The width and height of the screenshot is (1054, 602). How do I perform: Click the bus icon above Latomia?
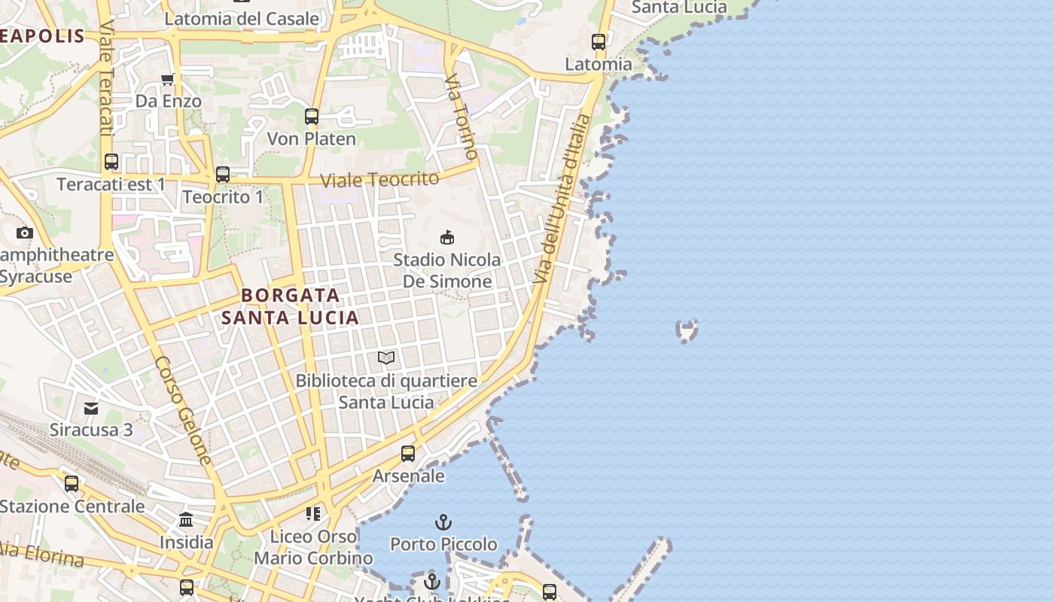pyautogui.click(x=599, y=42)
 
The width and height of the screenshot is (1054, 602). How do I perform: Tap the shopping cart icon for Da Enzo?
pyautogui.click(x=168, y=79)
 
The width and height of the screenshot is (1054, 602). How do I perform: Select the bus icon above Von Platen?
pyautogui.click(x=312, y=117)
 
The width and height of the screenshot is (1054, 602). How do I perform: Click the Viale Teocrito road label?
pyautogui.click(x=379, y=180)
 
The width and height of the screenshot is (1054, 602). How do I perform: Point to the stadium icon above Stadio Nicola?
pyautogui.click(x=447, y=237)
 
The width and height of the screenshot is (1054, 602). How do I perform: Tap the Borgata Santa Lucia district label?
pyautogui.click(x=290, y=306)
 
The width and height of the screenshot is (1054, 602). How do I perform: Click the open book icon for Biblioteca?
pyautogui.click(x=386, y=357)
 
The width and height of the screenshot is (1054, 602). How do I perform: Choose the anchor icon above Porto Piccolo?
pyautogui.click(x=443, y=521)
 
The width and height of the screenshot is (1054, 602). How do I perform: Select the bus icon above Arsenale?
pyautogui.click(x=408, y=454)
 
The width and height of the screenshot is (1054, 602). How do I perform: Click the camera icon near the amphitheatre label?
pyautogui.click(x=25, y=233)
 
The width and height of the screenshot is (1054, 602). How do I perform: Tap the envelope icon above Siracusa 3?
pyautogui.click(x=91, y=408)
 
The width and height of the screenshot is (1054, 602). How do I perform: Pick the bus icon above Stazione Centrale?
pyautogui.click(x=72, y=484)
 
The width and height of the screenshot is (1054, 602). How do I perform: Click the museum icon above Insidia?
pyautogui.click(x=186, y=520)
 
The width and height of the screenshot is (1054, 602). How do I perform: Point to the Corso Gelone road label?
pyautogui.click(x=184, y=410)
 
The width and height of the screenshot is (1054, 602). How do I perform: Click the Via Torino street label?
pyautogui.click(x=461, y=117)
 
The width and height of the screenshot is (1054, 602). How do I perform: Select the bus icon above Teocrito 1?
pyautogui.click(x=223, y=175)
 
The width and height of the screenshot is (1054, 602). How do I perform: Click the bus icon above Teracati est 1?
pyautogui.click(x=111, y=162)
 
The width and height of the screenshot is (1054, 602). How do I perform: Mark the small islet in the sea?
pyautogui.click(x=687, y=330)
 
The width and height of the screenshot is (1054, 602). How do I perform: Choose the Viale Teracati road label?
pyautogui.click(x=105, y=79)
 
